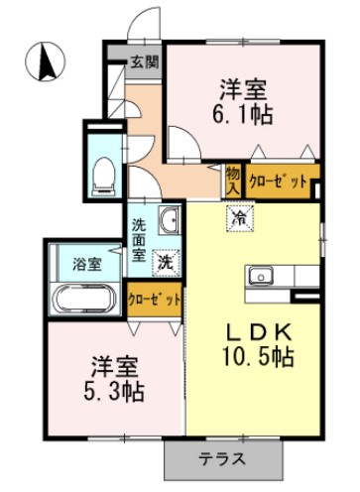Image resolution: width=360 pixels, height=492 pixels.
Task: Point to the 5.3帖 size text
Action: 112,390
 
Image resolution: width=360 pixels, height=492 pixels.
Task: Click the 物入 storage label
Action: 232,180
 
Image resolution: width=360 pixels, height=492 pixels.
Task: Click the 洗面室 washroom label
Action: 140,239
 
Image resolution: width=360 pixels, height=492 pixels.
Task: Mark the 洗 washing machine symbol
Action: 169,263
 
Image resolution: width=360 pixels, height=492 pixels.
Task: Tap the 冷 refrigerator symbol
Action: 239,217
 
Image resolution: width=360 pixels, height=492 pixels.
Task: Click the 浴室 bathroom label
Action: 86,263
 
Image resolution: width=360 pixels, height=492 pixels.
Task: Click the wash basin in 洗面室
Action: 170,219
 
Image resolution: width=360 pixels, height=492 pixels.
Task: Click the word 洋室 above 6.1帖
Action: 243,86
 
